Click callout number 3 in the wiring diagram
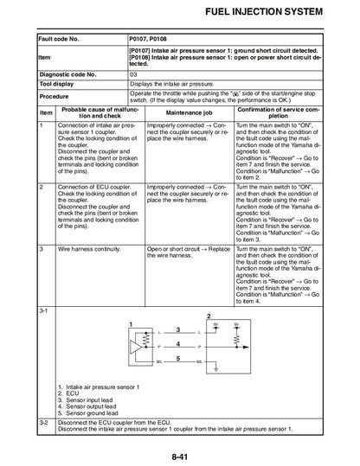coord(177,329)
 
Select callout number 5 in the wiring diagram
coord(177,357)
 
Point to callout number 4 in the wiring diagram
coord(177,343)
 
